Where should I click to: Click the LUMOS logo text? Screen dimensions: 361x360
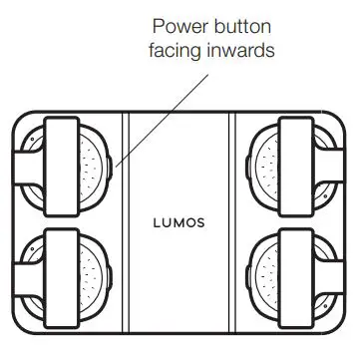(x=180, y=221)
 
